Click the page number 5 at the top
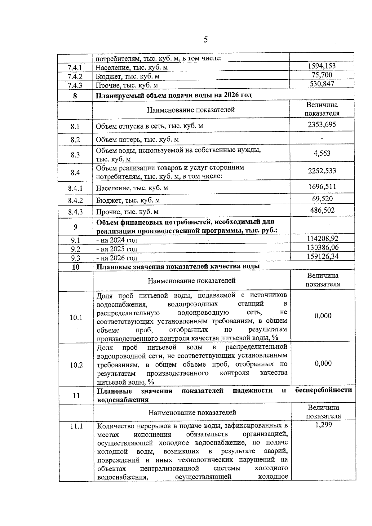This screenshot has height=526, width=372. point(206,40)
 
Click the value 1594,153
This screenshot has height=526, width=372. point(321,66)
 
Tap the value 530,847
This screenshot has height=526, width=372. point(322,84)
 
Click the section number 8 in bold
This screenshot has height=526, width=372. point(75,96)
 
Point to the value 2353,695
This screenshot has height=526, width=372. point(322,125)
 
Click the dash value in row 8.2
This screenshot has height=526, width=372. point(322,139)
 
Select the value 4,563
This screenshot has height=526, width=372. point(322,153)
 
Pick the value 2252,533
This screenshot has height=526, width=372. point(322,171)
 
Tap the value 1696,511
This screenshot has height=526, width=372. point(322,187)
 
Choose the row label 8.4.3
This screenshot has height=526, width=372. point(75,212)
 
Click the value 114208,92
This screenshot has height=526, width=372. point(322,238)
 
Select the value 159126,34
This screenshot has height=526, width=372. point(322,256)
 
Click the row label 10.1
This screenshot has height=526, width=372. point(76,317)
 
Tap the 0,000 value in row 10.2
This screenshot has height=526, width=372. point(323,363)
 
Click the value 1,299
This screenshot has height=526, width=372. point(323,425)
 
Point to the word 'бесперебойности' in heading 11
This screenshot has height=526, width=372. point(323,390)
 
